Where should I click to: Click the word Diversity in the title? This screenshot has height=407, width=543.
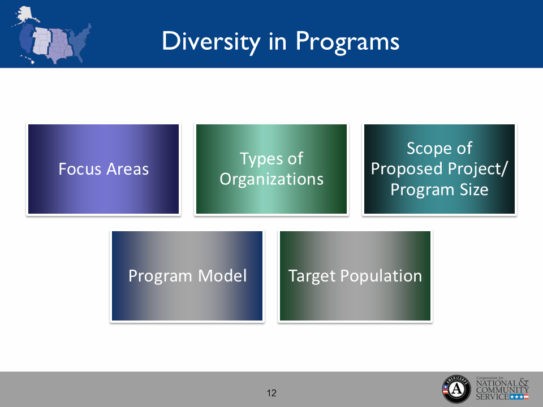[x=208, y=41]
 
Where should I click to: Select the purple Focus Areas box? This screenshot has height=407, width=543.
[x=104, y=170]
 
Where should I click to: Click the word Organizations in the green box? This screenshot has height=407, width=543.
[x=271, y=180]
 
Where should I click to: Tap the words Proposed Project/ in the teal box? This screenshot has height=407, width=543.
[x=439, y=169]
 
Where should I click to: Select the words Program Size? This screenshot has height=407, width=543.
[x=439, y=189]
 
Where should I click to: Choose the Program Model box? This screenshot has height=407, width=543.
[x=187, y=276]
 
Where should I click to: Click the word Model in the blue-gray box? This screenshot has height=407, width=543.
[x=222, y=276]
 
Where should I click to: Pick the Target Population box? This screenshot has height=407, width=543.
[x=355, y=276]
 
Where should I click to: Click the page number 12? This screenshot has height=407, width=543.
[x=271, y=393]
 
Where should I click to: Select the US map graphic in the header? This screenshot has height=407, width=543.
[x=54, y=35]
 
